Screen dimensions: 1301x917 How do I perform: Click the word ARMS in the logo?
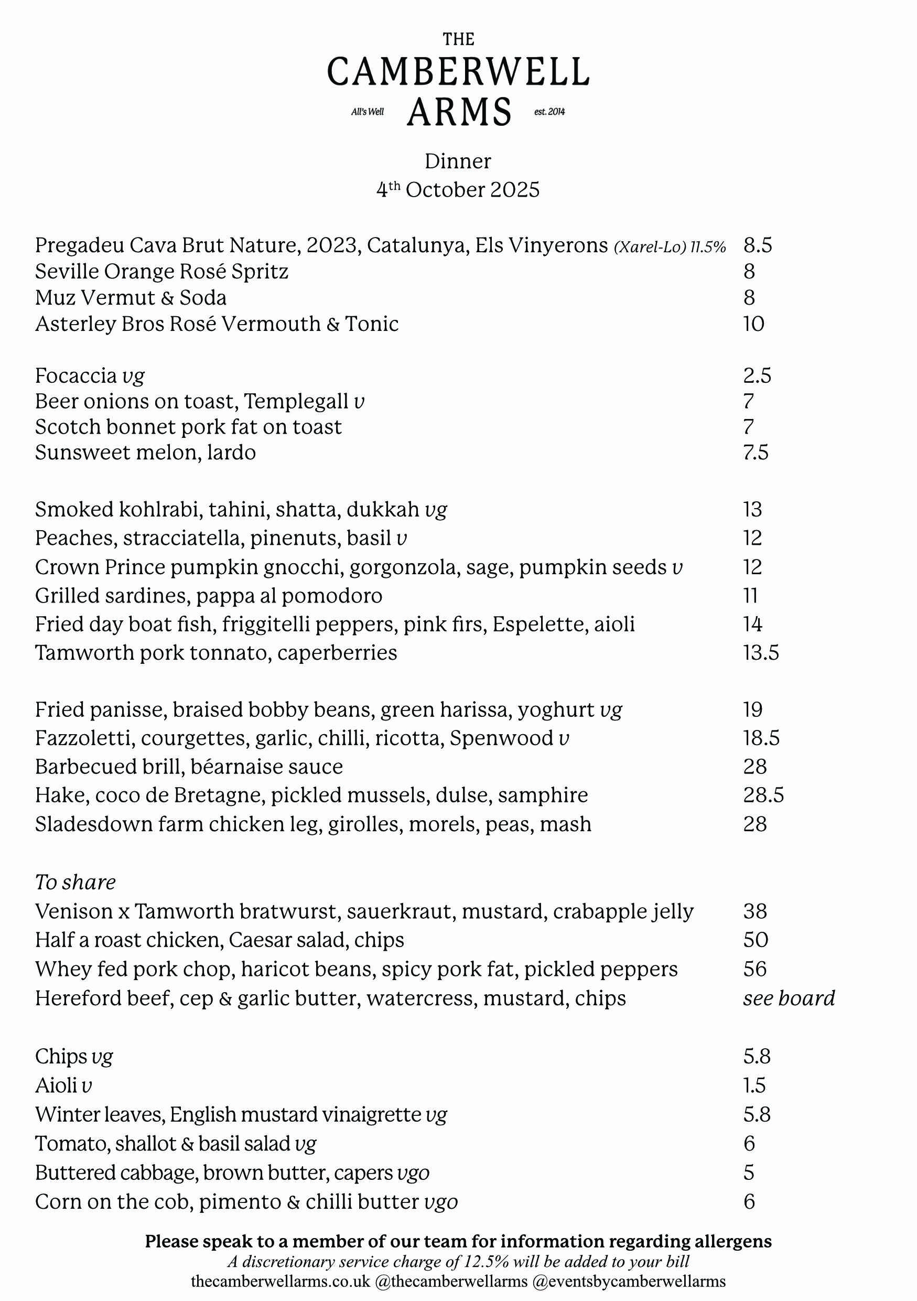(x=459, y=112)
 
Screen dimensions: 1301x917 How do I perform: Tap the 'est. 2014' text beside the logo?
(x=549, y=112)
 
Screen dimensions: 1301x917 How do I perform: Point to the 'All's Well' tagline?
(x=368, y=112)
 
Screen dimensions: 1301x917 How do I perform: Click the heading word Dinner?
(x=458, y=162)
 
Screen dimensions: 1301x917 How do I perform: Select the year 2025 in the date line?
(x=515, y=190)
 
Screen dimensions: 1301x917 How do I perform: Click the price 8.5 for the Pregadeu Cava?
(x=758, y=245)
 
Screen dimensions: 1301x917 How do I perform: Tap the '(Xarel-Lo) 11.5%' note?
(x=670, y=247)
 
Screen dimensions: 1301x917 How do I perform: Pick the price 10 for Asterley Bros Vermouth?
(x=754, y=324)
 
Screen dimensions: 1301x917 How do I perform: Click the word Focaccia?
(x=75, y=375)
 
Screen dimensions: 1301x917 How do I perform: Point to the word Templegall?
(x=296, y=401)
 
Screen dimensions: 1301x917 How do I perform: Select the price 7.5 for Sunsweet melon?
(x=756, y=453)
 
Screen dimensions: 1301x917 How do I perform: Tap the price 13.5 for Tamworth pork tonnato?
(x=761, y=653)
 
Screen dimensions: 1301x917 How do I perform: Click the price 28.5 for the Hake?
(x=763, y=795)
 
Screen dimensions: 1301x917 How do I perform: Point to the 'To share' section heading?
(x=75, y=882)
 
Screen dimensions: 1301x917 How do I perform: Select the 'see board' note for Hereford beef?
(x=789, y=998)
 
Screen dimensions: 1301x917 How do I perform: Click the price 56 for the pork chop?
(x=755, y=969)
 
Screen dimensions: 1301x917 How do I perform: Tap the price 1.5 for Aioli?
(x=754, y=1085)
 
